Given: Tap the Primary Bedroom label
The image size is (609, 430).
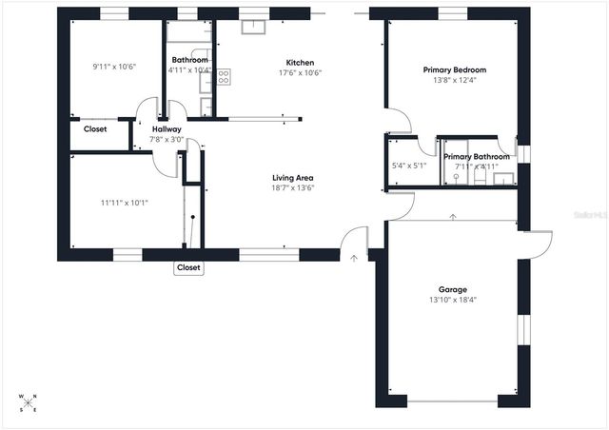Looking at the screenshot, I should point(455,69).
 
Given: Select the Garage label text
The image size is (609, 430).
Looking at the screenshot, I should point(452,289).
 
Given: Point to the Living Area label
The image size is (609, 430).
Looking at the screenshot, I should point(293,177).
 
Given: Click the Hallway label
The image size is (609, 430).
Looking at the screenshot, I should point(167,129).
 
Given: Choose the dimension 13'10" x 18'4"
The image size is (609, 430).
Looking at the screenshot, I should point(452,300).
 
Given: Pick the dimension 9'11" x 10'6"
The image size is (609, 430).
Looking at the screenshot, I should point(115,67).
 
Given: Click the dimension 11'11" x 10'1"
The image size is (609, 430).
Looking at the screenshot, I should point(125,202).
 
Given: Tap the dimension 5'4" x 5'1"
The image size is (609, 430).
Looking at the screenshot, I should point(409,166).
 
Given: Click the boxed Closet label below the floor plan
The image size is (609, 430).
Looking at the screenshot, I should point(188,268).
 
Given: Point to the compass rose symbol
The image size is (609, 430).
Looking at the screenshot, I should point(28,401).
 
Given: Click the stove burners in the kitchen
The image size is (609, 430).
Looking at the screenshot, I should point(224,77).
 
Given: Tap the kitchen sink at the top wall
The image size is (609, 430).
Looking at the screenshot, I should point(252,26).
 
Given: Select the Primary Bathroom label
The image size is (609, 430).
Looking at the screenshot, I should point(477,156).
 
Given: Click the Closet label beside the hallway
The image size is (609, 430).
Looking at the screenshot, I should point(95,128).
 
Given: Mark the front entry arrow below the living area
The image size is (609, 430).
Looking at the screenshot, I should point(353,256).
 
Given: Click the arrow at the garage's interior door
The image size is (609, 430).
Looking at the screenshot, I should point(454,217).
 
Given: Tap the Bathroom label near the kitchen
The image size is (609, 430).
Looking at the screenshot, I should point(189,60).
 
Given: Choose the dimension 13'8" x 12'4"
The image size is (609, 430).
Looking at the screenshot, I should point(455,81).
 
